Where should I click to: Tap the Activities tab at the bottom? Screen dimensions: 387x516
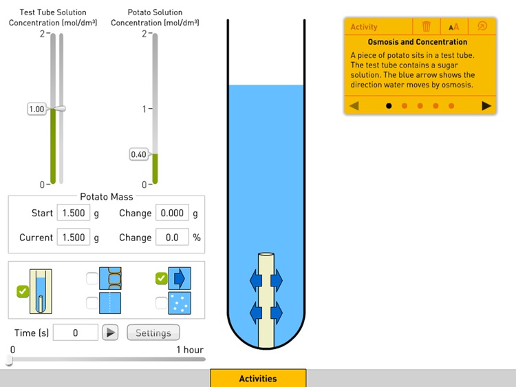pyautogui.click(x=258, y=378)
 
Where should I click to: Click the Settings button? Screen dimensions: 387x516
pyautogui.click(x=153, y=333)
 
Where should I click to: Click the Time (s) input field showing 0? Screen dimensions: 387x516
pyautogui.click(x=75, y=333)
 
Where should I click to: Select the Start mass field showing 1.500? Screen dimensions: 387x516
pyautogui.click(x=74, y=213)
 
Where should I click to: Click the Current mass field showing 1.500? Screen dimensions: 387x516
pyautogui.click(x=74, y=238)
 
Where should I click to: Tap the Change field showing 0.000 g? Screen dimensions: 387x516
pyautogui.click(x=171, y=213)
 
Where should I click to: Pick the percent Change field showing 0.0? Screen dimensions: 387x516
pyautogui.click(x=171, y=238)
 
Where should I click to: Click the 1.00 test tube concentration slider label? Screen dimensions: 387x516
pyautogui.click(x=36, y=109)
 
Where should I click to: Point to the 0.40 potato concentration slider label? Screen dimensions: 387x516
pyautogui.click(x=138, y=155)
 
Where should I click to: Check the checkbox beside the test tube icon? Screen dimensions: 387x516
pyautogui.click(x=23, y=291)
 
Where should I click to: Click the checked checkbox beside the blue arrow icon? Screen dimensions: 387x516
pyautogui.click(x=161, y=278)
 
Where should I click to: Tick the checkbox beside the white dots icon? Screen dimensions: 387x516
pyautogui.click(x=161, y=302)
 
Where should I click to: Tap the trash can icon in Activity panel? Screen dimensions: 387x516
pyautogui.click(x=427, y=26)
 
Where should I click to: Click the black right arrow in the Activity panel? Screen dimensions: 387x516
pyautogui.click(x=486, y=106)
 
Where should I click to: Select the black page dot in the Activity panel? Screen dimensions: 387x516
pyautogui.click(x=389, y=106)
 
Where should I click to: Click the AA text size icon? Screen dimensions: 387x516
pyautogui.click(x=453, y=27)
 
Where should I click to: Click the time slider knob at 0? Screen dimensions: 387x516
pyautogui.click(x=10, y=359)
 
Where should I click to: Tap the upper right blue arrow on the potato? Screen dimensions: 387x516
pyautogui.click(x=277, y=280)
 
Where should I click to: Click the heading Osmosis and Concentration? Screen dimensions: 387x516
pyautogui.click(x=417, y=42)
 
